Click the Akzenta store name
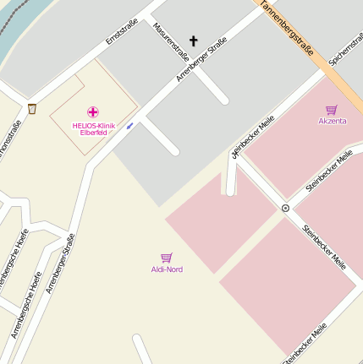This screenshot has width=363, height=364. (x=332, y=121)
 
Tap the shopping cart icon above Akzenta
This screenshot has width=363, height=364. (x=332, y=109)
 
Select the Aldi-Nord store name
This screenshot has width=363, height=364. (x=167, y=269)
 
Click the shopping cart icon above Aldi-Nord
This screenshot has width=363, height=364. (x=167, y=257)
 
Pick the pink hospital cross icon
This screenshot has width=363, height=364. (x=93, y=111)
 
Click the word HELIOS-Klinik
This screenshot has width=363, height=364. (x=93, y=125)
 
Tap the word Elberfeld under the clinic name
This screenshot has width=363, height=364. (x=93, y=133)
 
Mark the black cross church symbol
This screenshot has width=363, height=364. (x=193, y=40)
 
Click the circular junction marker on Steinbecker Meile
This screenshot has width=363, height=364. (x=285, y=208)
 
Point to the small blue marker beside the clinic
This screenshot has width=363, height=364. (x=129, y=126)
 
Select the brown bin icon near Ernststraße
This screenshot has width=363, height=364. (x=32, y=108)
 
